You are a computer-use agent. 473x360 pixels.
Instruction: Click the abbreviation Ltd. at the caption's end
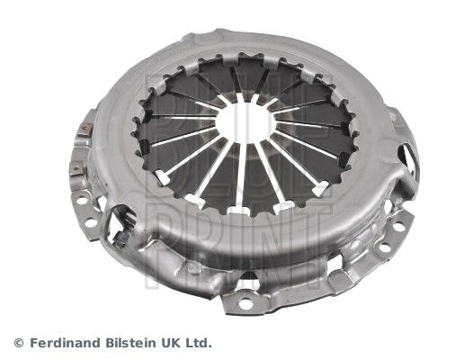(201, 343)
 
